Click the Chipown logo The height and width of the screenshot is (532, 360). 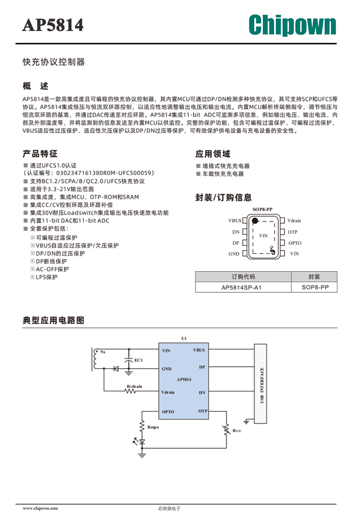[292, 25]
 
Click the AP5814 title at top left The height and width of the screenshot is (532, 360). [53, 25]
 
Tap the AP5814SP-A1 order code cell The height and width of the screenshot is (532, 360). [241, 288]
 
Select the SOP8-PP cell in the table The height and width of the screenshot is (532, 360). [315, 287]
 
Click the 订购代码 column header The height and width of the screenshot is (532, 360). [243, 276]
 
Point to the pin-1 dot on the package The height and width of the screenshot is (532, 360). [255, 221]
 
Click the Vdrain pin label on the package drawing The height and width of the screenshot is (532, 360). [294, 221]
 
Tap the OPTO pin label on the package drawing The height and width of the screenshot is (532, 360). [295, 243]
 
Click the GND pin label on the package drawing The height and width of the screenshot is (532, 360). [234, 254]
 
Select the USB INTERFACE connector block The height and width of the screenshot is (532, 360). [260, 383]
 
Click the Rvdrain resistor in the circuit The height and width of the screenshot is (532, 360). [131, 391]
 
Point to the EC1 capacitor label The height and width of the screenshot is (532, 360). [139, 360]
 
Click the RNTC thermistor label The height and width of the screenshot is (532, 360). [237, 431]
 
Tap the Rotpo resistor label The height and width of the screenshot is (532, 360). [153, 427]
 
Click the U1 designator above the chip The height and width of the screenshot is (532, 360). [184, 338]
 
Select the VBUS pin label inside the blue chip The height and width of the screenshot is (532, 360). [199, 350]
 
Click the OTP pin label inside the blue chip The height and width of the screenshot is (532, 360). [203, 411]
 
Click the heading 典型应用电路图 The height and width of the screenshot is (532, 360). [53, 321]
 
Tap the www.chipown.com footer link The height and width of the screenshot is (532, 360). [40, 508]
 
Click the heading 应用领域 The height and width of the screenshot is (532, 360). [213, 154]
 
